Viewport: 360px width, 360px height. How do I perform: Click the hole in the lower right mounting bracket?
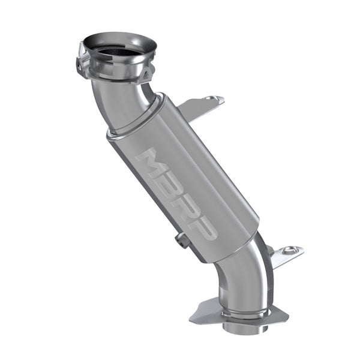click(x=290, y=250)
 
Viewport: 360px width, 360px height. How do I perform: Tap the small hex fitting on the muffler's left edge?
click(x=182, y=240)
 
